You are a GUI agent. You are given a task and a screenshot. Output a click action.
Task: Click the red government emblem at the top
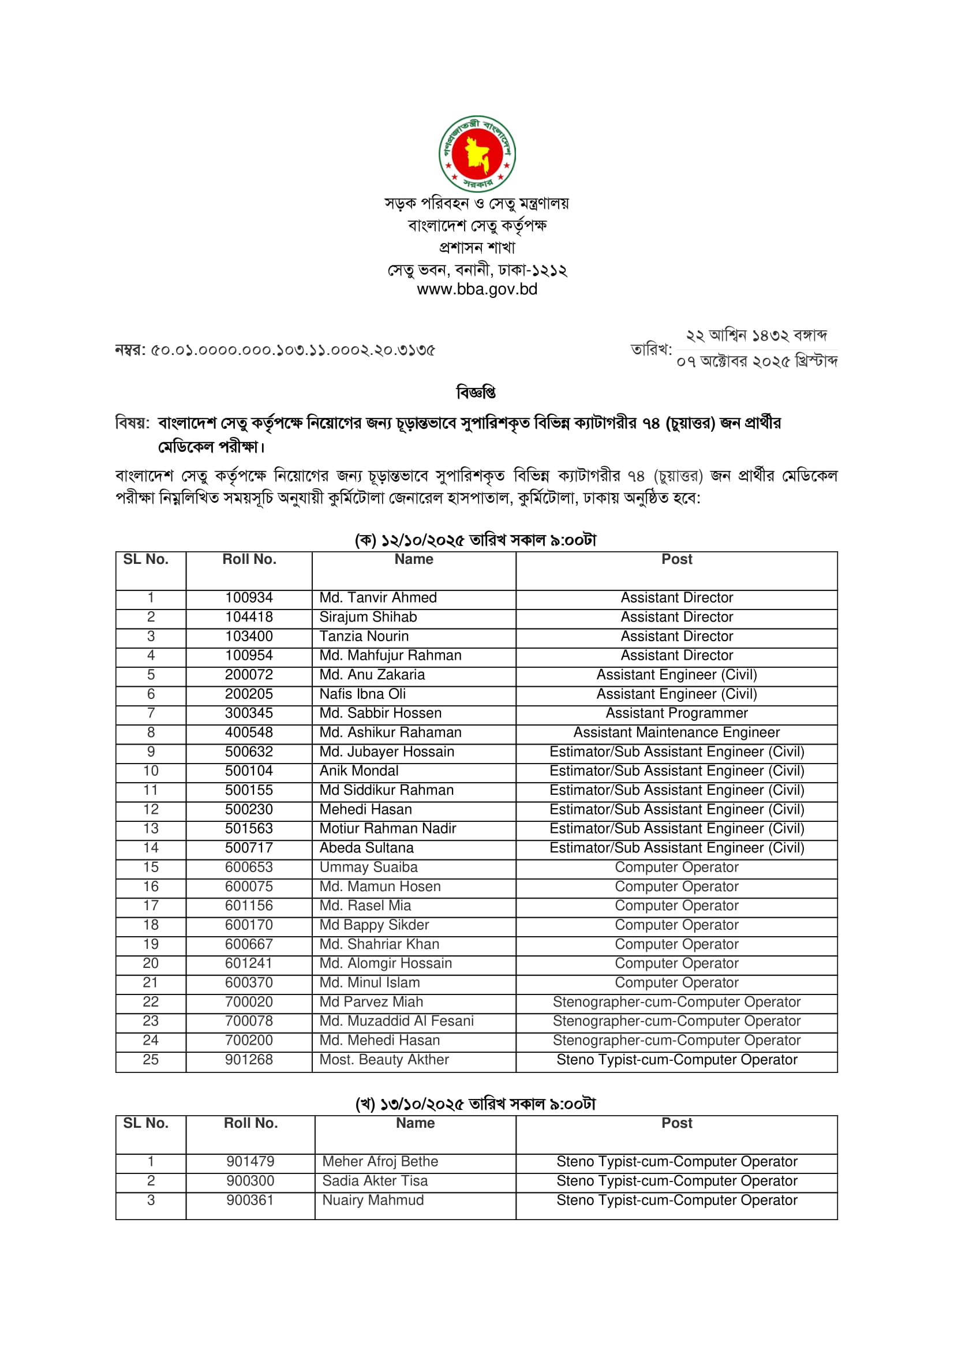tap(477, 154)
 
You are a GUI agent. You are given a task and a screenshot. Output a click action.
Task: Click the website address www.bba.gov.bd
tap(477, 289)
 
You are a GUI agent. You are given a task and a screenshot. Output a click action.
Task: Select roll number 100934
tap(249, 597)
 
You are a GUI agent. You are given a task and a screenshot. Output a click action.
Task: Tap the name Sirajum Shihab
tap(368, 617)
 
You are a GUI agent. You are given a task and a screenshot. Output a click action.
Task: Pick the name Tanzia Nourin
tap(364, 636)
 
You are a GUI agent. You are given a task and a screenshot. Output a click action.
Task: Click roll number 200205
tap(249, 694)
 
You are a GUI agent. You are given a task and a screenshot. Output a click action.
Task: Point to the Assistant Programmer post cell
tap(676, 713)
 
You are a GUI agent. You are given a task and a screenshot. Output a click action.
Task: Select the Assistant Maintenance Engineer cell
tap(676, 732)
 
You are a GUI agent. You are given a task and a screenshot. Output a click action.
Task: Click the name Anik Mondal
tap(358, 771)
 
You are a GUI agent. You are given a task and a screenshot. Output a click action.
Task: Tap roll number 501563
tap(249, 828)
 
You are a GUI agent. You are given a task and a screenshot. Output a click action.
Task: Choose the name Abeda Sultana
tap(366, 848)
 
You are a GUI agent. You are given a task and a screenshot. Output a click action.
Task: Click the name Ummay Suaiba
tap(369, 867)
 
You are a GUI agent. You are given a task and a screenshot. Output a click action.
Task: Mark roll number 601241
tap(249, 963)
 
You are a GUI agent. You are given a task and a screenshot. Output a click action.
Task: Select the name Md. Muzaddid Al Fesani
tap(396, 1021)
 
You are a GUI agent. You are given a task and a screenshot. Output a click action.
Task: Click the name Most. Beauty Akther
tap(384, 1060)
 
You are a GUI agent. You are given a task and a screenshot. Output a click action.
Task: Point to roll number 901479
tap(250, 1161)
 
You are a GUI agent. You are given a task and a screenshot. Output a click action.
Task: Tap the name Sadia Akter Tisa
tap(375, 1181)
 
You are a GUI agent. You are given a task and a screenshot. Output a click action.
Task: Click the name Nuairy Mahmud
tap(373, 1200)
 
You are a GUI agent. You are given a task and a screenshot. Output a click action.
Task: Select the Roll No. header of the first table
tap(249, 559)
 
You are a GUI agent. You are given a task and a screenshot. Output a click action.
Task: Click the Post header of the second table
tap(676, 1123)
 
